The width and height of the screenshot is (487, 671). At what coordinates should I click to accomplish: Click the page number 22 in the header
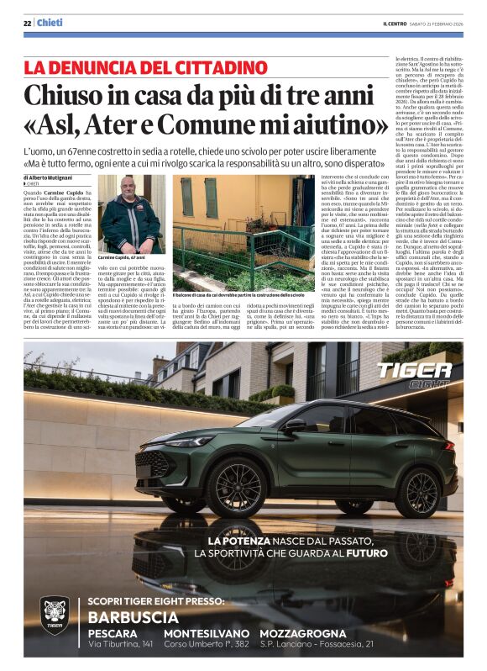[27, 23]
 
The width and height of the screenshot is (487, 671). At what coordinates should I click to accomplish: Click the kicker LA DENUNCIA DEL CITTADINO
[134, 67]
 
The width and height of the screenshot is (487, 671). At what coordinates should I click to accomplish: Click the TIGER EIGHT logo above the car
[413, 372]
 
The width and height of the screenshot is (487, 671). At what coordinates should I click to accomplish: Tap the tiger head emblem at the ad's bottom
[55, 616]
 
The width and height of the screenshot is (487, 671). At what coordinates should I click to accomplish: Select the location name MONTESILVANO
[207, 632]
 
